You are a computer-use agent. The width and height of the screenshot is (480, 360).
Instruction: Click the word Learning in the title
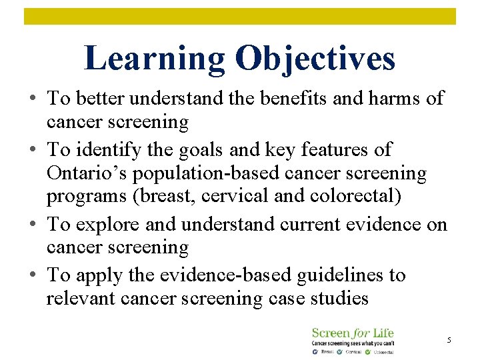(155, 59)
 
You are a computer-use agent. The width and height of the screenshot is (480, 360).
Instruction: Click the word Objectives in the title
(315, 59)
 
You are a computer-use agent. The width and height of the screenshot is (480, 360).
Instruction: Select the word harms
(394, 99)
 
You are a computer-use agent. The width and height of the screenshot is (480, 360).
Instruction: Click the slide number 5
(449, 341)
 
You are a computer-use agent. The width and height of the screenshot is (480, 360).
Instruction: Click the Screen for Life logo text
(353, 333)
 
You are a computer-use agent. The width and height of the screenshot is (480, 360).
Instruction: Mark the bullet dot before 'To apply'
(32, 275)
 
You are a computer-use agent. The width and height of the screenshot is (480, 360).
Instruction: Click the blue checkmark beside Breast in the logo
(315, 351)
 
